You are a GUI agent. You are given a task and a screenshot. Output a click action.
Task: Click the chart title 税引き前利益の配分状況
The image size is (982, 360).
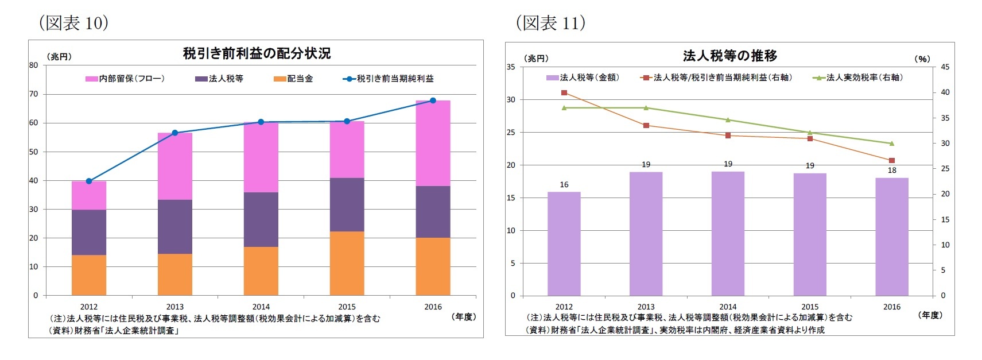[257, 53]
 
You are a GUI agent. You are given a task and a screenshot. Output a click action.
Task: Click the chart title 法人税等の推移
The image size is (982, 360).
[730, 56]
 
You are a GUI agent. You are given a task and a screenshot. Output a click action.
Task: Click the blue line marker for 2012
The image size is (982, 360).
[89, 181]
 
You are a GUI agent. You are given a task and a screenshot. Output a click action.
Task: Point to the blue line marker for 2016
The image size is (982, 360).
[433, 100]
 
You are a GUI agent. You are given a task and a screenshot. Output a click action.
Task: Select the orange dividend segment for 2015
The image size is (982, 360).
[347, 264]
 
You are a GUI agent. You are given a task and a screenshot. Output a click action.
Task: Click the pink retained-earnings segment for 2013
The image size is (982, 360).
[175, 167]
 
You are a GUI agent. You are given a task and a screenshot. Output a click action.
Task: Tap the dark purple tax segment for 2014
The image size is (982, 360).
[261, 220]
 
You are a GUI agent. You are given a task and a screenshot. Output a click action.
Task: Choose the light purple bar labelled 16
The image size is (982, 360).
[564, 244]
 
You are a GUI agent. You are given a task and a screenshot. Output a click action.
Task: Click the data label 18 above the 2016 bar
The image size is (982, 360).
[892, 171]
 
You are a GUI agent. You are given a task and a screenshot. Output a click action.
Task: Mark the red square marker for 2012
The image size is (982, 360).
[564, 92]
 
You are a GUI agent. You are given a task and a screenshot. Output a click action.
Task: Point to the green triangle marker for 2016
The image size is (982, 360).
[892, 143]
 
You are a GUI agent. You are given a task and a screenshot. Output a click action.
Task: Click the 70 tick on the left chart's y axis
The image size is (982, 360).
[34, 94]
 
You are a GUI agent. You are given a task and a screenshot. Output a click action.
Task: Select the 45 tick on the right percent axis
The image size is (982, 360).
[945, 67]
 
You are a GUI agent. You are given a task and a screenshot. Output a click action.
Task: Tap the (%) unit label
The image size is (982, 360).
[922, 59]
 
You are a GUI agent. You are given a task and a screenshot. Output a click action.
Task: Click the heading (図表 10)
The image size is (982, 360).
[73, 23]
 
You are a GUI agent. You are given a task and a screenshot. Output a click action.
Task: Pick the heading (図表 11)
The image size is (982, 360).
[550, 23]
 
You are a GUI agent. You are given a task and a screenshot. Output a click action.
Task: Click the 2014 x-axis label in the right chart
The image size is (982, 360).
[728, 307]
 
